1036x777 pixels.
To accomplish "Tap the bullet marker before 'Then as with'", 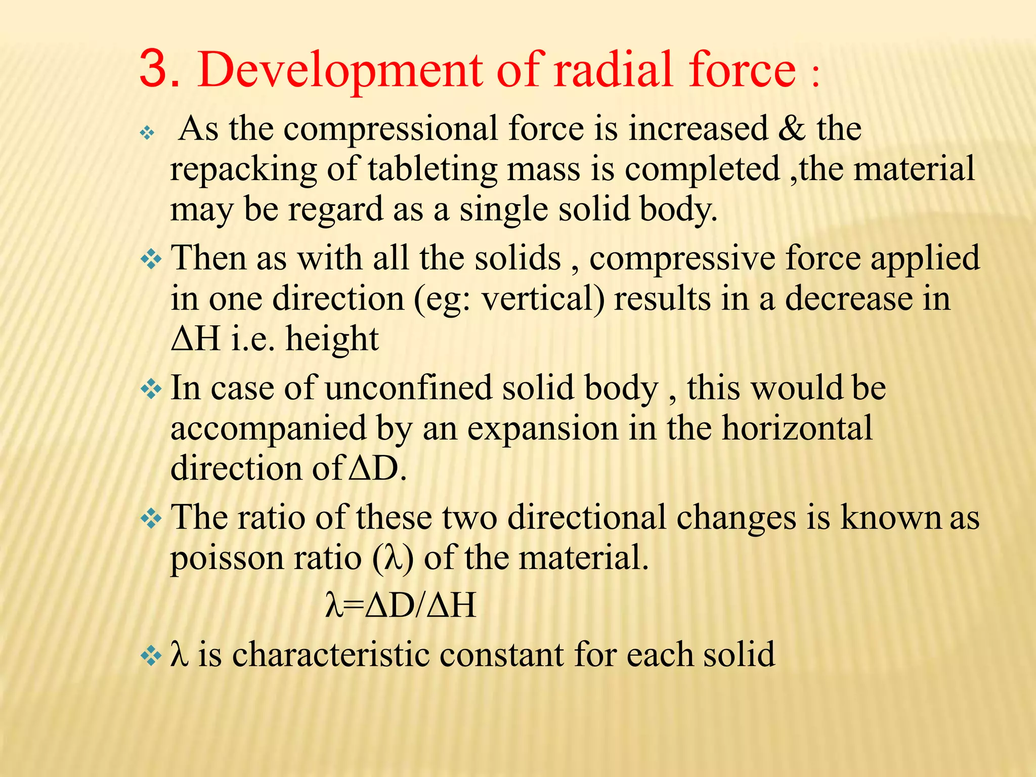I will coord(151,260).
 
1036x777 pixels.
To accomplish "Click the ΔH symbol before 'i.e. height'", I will coord(196,338).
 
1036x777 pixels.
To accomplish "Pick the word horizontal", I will coord(797,428).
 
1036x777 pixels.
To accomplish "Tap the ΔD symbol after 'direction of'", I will coord(375,468).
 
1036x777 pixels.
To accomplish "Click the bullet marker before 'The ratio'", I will coord(151,519).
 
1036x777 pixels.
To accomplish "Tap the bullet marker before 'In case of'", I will coord(151,390).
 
